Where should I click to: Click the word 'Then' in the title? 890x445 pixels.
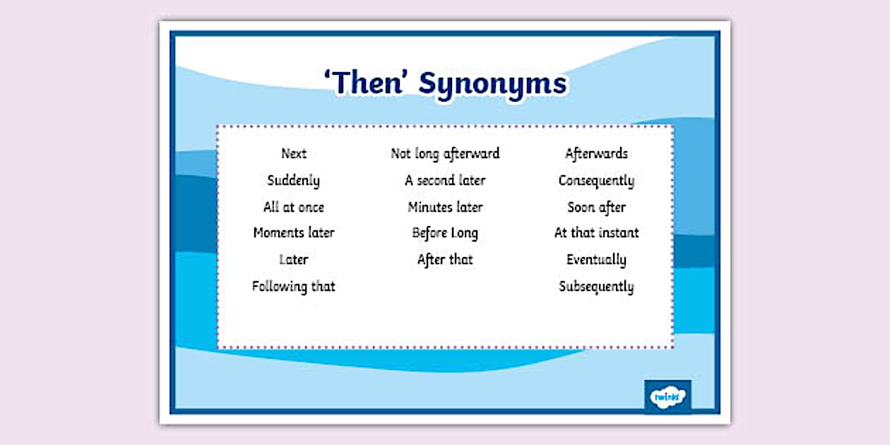(365, 83)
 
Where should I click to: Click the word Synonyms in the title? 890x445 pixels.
(492, 84)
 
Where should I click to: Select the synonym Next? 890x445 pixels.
(294, 153)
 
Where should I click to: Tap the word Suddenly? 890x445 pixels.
(293, 181)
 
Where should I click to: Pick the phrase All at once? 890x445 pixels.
(293, 207)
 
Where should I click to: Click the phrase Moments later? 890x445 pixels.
(293, 233)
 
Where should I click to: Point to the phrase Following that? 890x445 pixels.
(293, 286)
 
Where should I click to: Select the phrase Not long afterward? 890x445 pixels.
(445, 153)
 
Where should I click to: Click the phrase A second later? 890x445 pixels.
(445, 180)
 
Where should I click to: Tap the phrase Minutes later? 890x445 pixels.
(445, 207)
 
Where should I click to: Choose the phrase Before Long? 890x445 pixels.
(445, 233)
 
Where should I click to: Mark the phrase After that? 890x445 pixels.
(445, 259)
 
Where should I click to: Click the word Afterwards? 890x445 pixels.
(596, 153)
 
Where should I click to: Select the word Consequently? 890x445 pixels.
(596, 181)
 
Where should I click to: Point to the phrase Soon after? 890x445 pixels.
(596, 207)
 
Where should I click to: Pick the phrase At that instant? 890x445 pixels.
(596, 233)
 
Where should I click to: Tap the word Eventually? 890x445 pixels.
(596, 260)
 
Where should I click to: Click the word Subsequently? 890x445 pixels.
(596, 287)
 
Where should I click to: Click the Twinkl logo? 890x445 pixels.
(667, 397)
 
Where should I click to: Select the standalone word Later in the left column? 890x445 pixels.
(293, 259)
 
